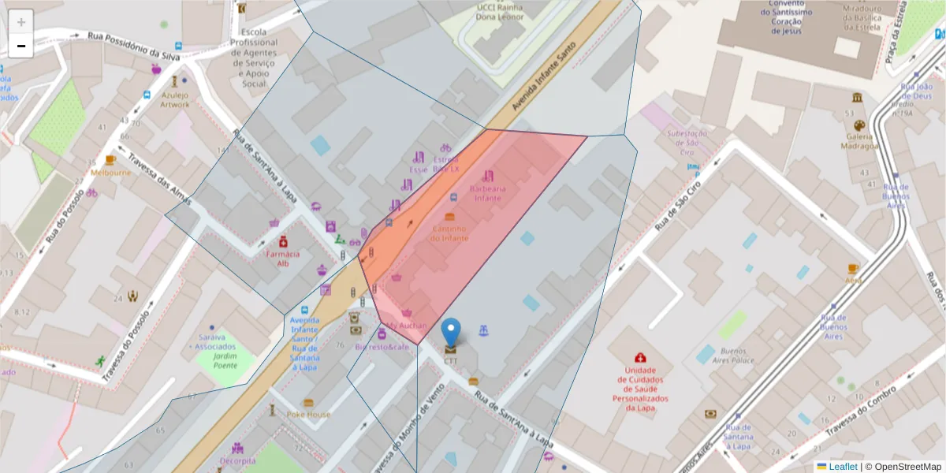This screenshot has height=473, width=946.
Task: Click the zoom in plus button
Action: (x=20, y=22)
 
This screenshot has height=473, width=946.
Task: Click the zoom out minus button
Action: (x=20, y=46)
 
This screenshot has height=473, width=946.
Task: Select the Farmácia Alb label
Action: (x=282, y=259)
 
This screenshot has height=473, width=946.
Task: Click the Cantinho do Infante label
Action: (x=449, y=233)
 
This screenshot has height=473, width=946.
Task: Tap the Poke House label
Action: (x=309, y=414)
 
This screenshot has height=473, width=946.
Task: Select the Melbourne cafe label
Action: (x=110, y=172)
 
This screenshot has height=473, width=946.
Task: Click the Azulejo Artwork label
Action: (x=175, y=99)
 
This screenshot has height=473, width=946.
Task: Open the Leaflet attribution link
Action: (x=842, y=467)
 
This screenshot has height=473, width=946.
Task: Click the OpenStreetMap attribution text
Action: (x=907, y=467)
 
